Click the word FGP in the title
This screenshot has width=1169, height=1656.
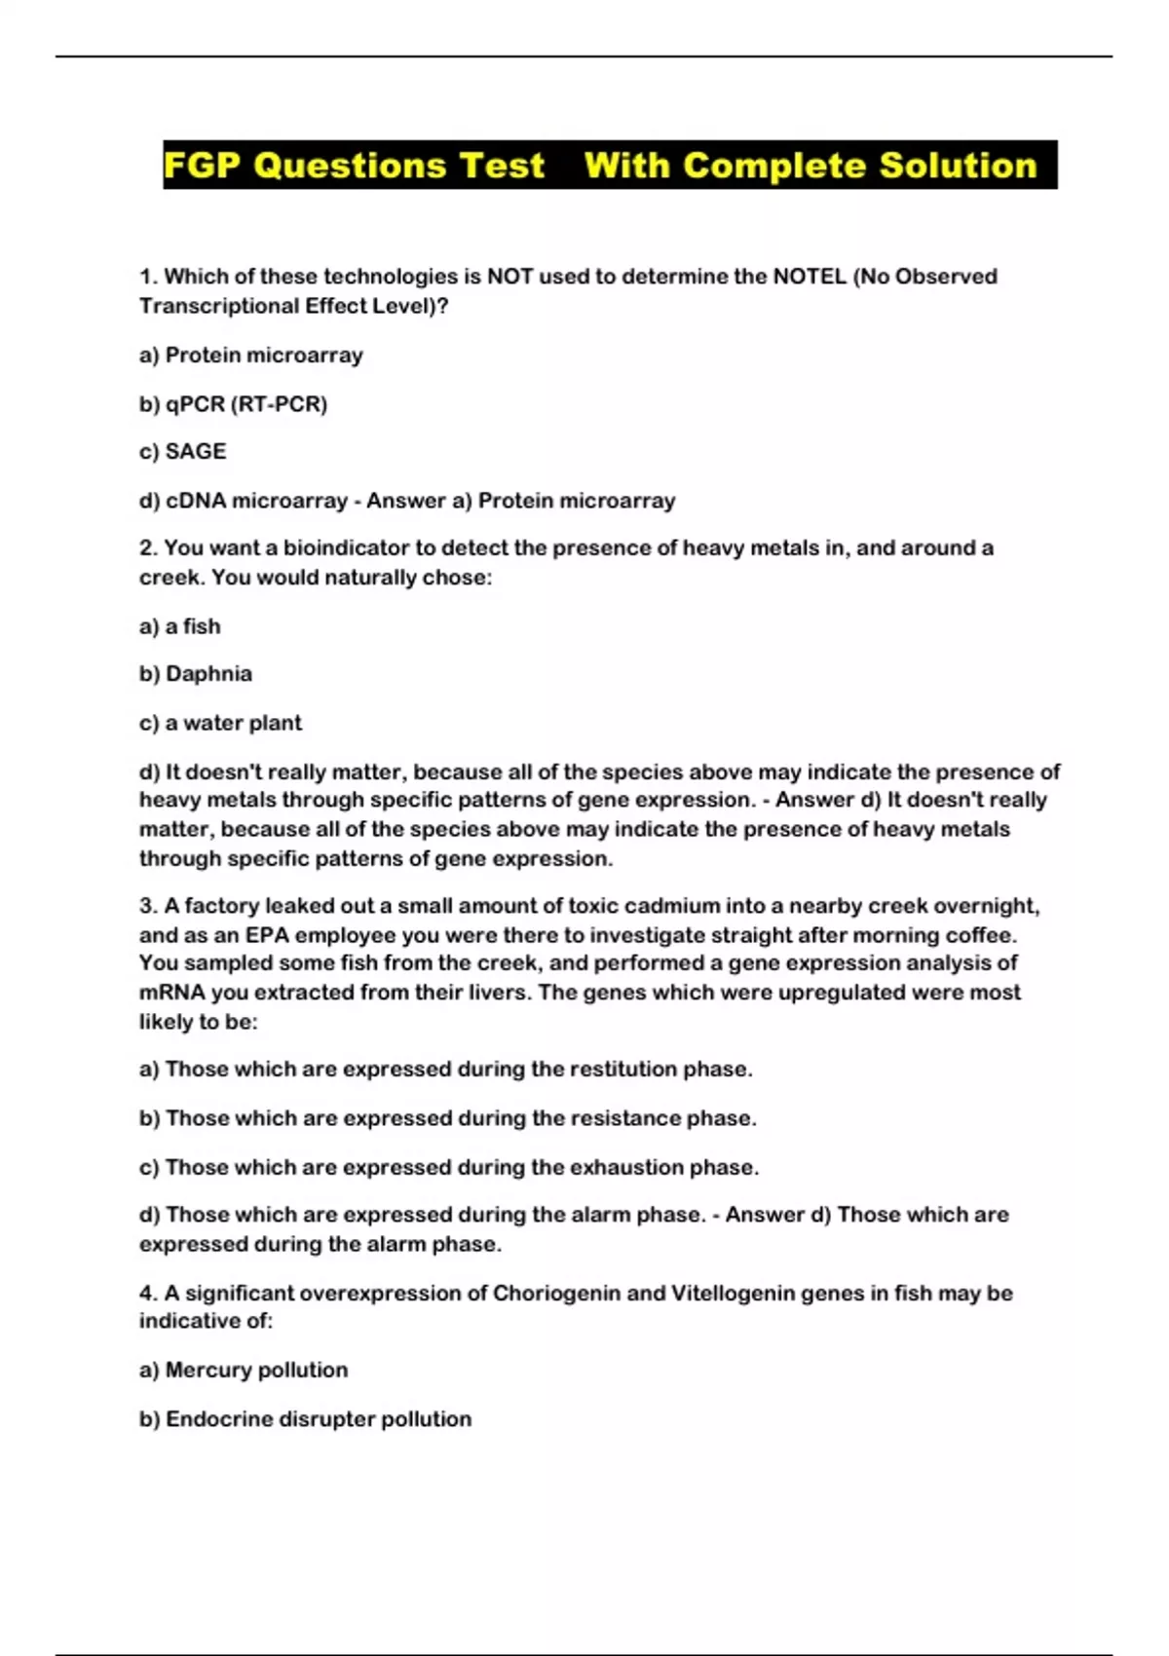pos(203,166)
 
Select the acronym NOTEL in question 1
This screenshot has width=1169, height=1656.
pos(809,277)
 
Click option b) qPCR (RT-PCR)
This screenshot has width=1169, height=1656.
pos(233,403)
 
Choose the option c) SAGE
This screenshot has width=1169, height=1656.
pos(182,452)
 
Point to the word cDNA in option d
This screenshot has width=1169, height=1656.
pos(195,501)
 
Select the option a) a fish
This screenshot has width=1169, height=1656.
pos(180,626)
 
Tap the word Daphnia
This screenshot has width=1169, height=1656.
pos(208,674)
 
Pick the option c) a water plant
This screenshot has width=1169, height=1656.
pos(220,723)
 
